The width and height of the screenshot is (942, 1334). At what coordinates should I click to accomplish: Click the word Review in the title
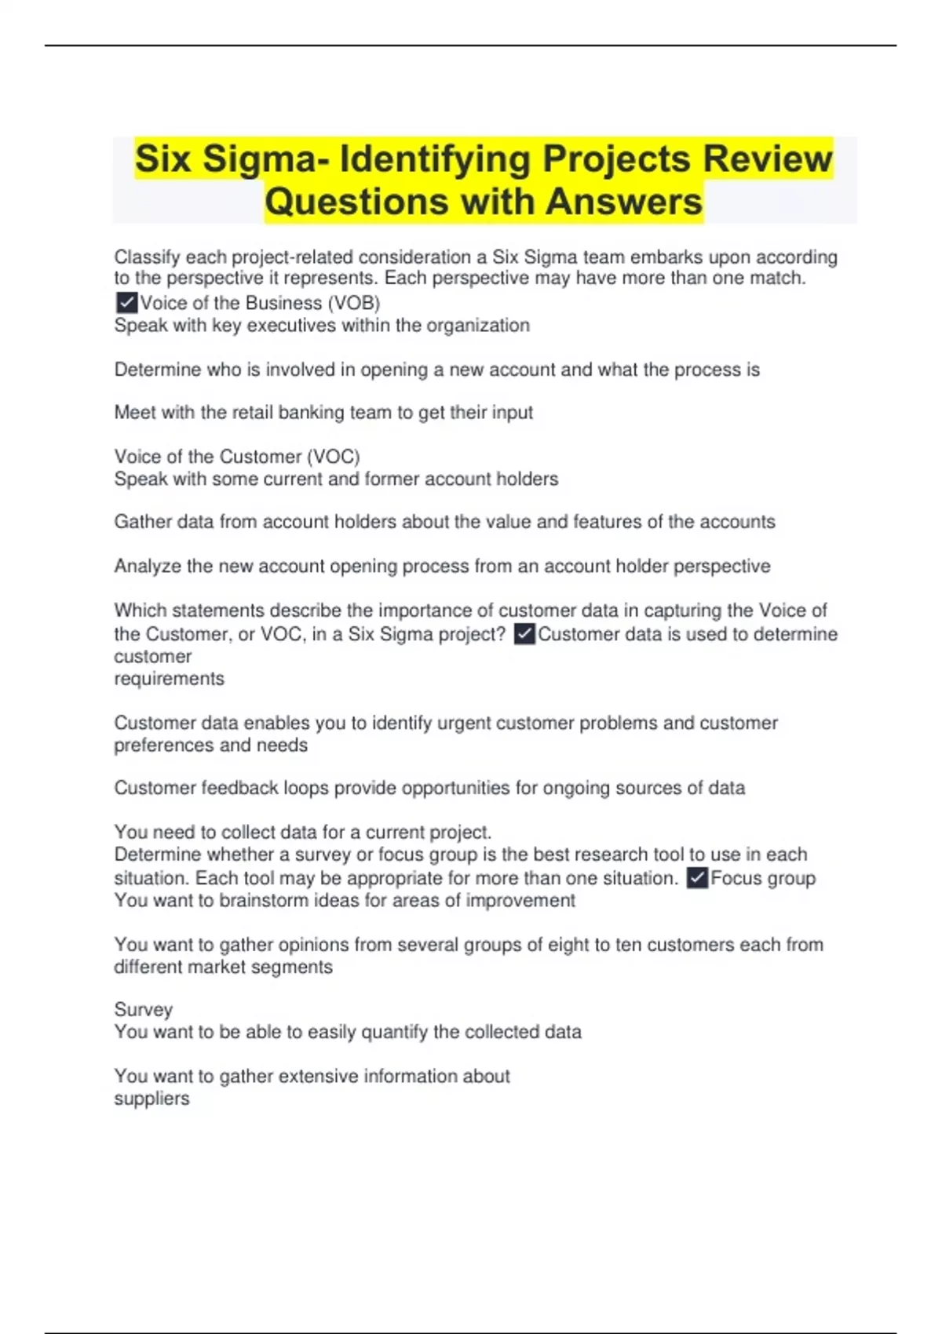(767, 159)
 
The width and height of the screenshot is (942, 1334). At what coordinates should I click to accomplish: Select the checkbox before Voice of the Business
(126, 303)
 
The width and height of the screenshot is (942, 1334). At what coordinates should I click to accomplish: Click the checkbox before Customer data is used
(525, 634)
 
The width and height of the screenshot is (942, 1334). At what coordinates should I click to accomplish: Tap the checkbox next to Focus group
(698, 878)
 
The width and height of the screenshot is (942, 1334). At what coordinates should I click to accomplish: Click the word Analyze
(148, 567)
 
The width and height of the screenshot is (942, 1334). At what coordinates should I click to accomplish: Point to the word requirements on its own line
(169, 679)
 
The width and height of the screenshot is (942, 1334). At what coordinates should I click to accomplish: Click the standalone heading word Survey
(143, 1010)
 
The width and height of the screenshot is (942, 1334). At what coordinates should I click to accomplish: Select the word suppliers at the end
(152, 1099)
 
